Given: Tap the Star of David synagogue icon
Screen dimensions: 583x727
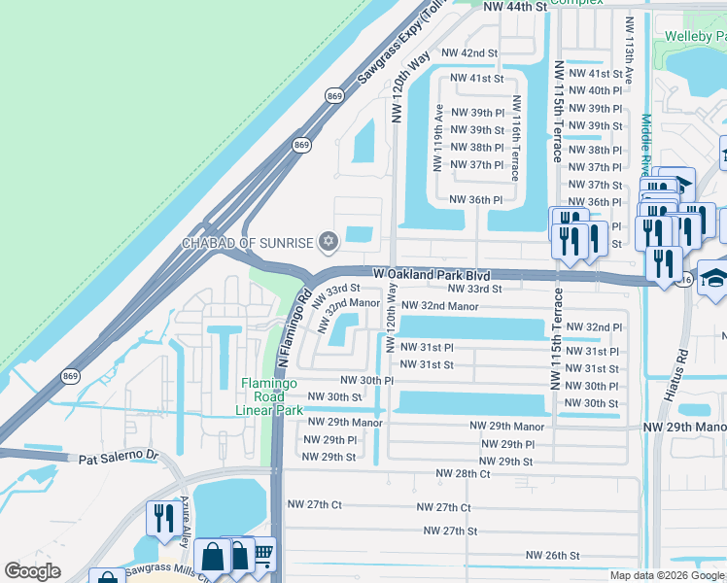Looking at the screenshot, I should coord(328,241).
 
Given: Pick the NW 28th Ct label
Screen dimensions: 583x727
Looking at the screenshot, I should coord(463,473).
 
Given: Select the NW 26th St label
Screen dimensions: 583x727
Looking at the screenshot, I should coord(552,556).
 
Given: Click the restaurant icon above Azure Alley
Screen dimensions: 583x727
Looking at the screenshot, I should coord(160,517).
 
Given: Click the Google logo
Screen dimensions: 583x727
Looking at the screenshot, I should coord(33,571).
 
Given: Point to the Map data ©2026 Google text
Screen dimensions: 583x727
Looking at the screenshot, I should coord(666,575).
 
